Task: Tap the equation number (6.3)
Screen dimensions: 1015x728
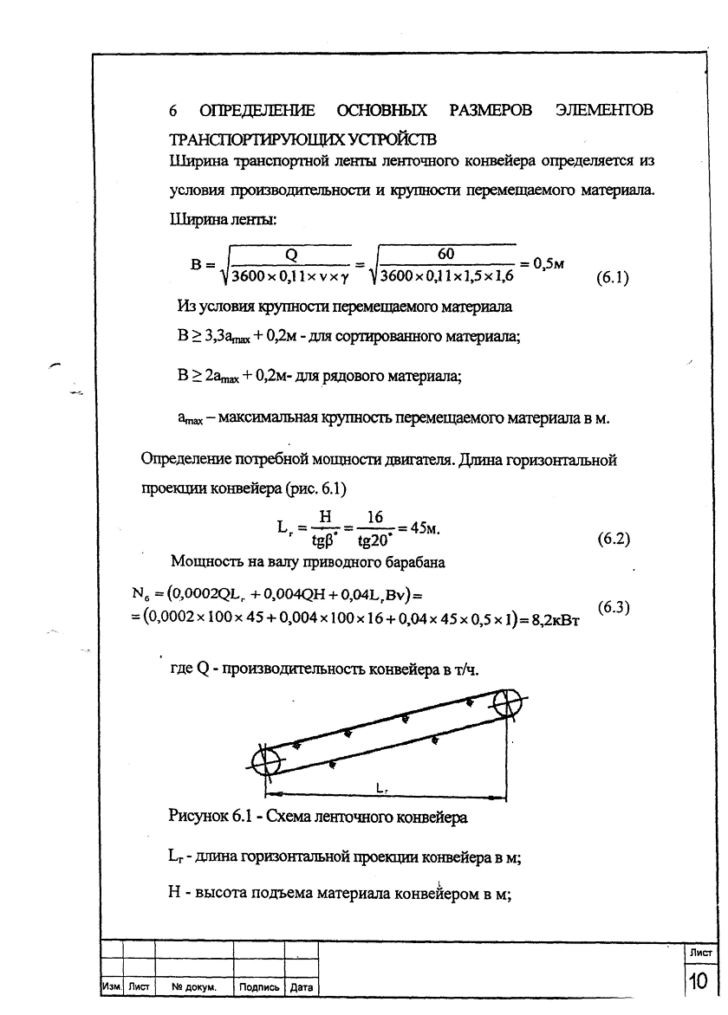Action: tap(614, 607)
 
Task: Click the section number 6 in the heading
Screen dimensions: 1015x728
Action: tap(173, 112)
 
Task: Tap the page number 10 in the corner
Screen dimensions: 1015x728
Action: tap(698, 981)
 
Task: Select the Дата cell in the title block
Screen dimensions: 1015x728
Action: tap(301, 986)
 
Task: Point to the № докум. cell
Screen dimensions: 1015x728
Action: tap(193, 986)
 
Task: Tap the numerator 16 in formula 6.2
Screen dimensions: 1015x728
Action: tap(374, 517)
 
